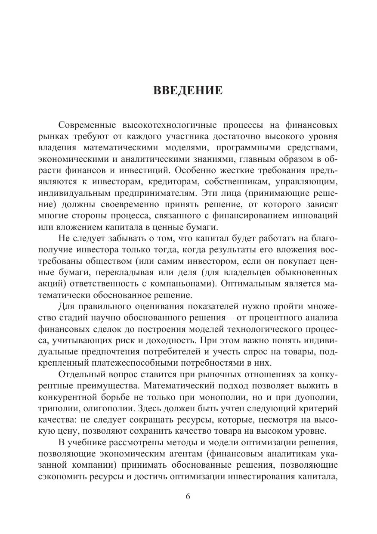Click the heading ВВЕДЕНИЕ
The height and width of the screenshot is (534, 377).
pos(188,91)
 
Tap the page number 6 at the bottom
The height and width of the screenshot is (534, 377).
pos(188,496)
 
